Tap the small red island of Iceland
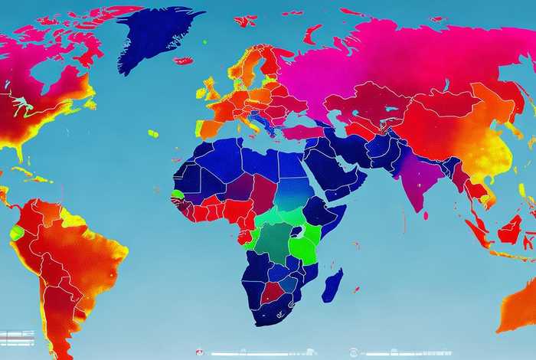pos(184,60)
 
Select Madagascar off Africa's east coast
pos(332,286)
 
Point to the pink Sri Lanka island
pos(426,215)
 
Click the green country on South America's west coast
pos(16,232)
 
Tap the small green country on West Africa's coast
pos(178,195)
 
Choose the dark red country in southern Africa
pos(272,292)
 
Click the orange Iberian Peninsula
pos(210,126)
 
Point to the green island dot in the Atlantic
pos(152,134)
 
